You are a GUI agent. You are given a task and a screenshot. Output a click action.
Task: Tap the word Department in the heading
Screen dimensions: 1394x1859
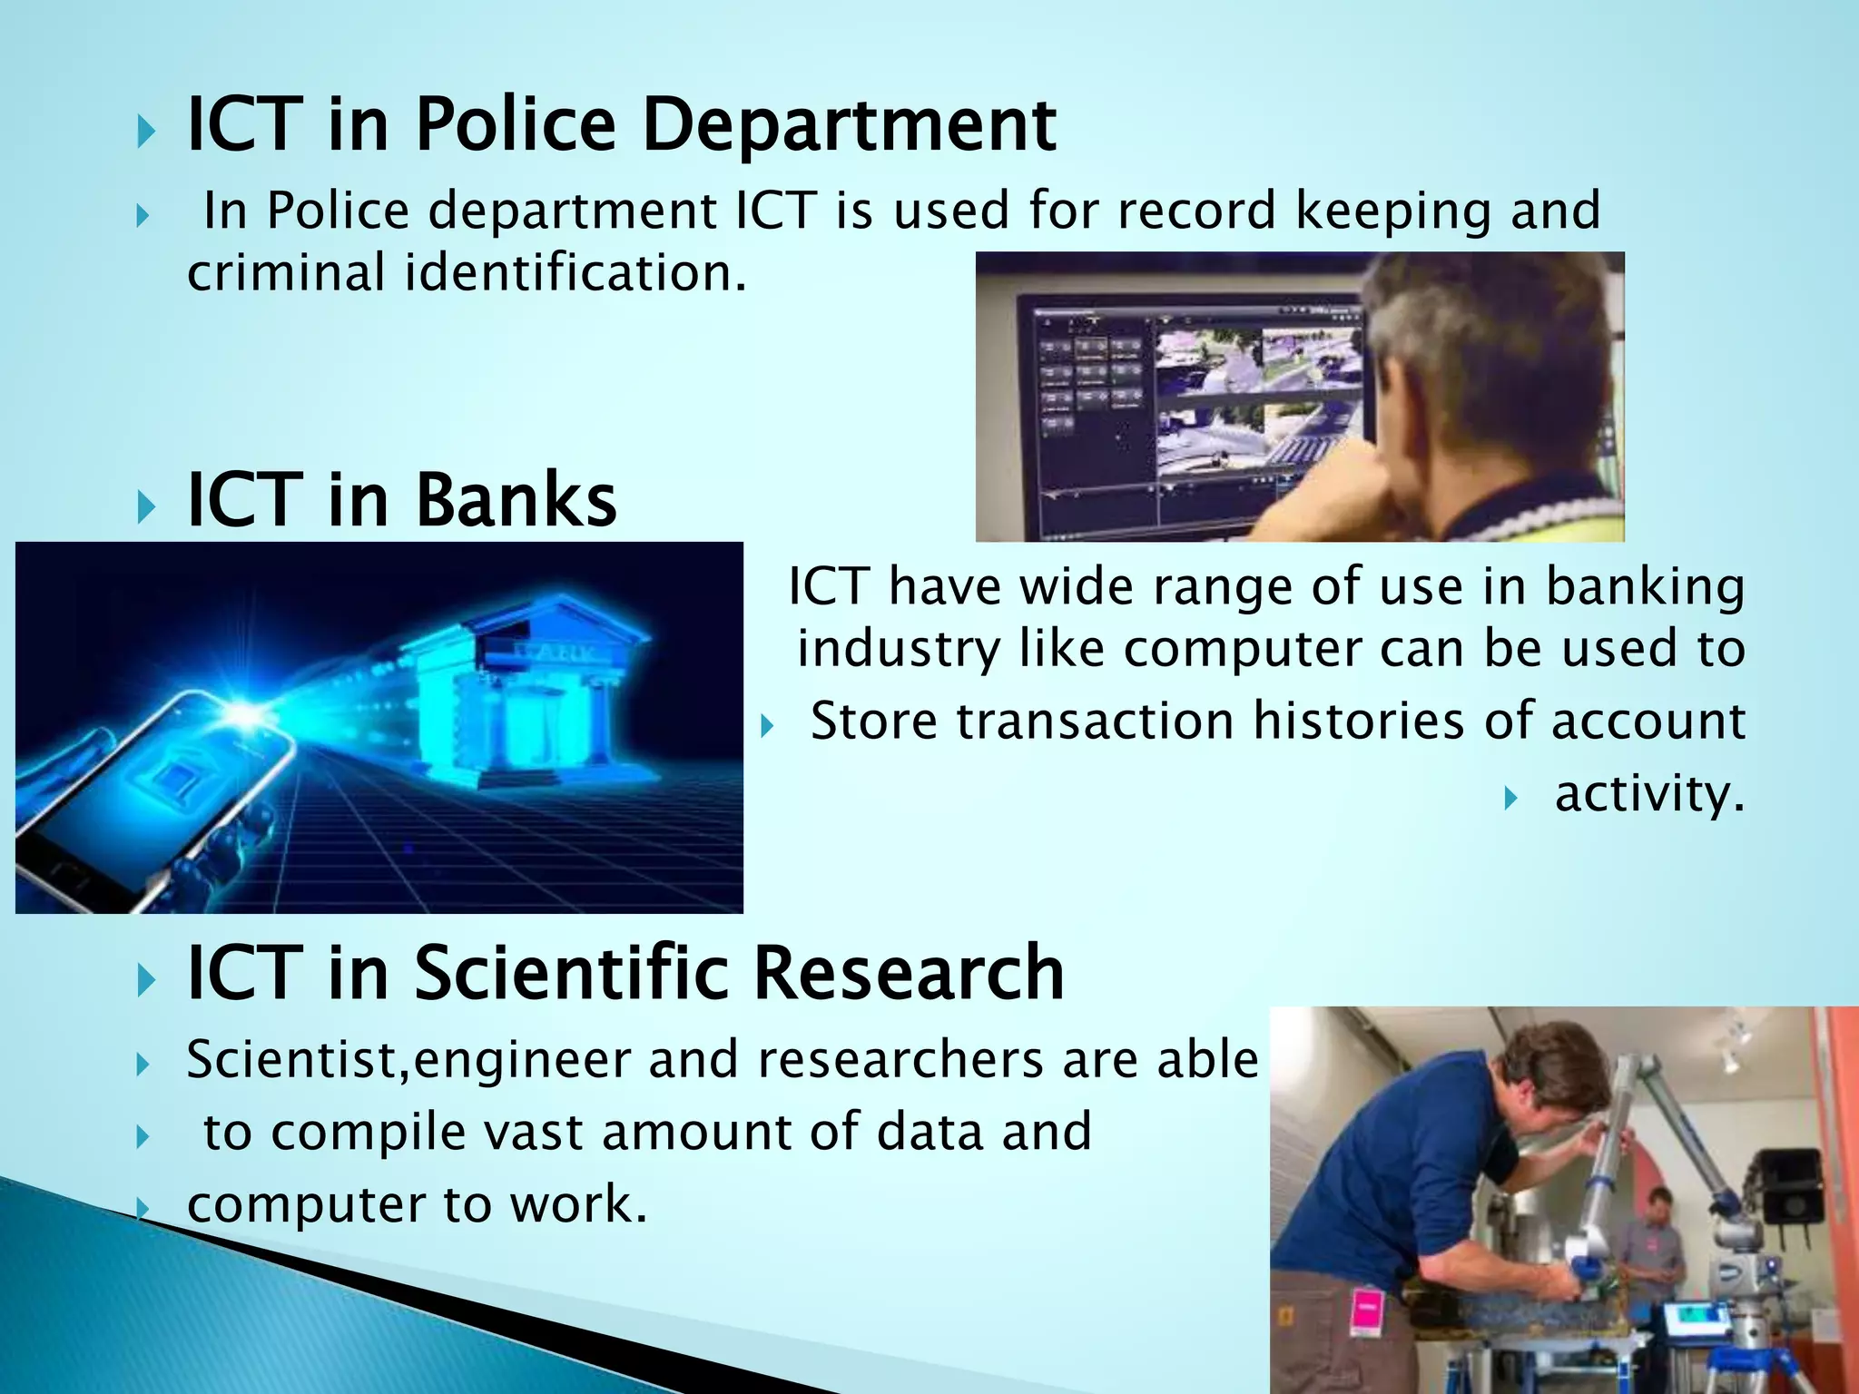849,127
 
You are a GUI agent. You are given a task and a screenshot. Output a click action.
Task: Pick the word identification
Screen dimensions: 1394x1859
575,272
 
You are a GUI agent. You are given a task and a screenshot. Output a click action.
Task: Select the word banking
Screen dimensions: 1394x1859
1645,587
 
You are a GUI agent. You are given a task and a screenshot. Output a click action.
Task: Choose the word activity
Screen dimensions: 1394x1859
1649,794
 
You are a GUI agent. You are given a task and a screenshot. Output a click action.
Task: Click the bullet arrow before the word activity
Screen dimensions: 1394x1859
1510,799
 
